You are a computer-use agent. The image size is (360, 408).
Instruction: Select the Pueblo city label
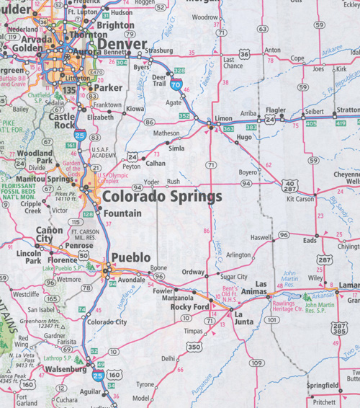coord(130,257)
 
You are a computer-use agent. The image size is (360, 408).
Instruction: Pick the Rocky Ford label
coord(190,307)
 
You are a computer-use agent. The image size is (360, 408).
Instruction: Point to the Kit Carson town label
coord(301,199)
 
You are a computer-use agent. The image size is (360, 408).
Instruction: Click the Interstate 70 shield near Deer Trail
coord(176,84)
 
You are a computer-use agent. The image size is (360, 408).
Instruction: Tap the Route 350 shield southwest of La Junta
coord(194,347)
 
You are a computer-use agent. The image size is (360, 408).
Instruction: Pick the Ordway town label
coord(193,272)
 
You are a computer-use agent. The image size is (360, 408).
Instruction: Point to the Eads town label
coord(310,241)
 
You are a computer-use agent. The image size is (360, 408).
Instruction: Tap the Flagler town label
coord(276,110)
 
